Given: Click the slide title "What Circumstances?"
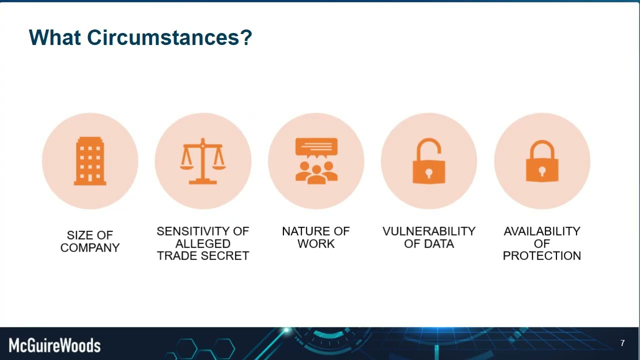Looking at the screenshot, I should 140,38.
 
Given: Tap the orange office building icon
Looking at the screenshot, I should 90,161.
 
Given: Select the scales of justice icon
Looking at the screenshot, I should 203,161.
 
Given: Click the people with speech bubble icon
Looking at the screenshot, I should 316,161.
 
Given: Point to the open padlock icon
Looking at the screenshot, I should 429,161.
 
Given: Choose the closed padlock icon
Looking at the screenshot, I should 542,161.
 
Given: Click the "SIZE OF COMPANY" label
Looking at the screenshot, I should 90,241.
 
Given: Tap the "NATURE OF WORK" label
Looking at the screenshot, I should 316,237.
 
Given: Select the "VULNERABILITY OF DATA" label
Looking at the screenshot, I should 429,237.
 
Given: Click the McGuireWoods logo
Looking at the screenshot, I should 54,345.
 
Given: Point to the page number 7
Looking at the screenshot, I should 622,343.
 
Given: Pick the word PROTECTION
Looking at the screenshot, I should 542,255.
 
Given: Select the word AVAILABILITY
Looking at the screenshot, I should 542,231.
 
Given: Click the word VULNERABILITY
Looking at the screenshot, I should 429,231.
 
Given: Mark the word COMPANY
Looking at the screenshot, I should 90,248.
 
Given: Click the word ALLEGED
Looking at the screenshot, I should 203,243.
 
